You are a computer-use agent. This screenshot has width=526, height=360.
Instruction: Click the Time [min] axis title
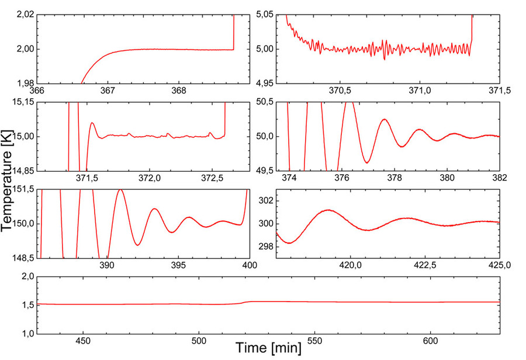(269, 349)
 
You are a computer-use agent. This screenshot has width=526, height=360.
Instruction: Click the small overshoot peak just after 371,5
(92, 123)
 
